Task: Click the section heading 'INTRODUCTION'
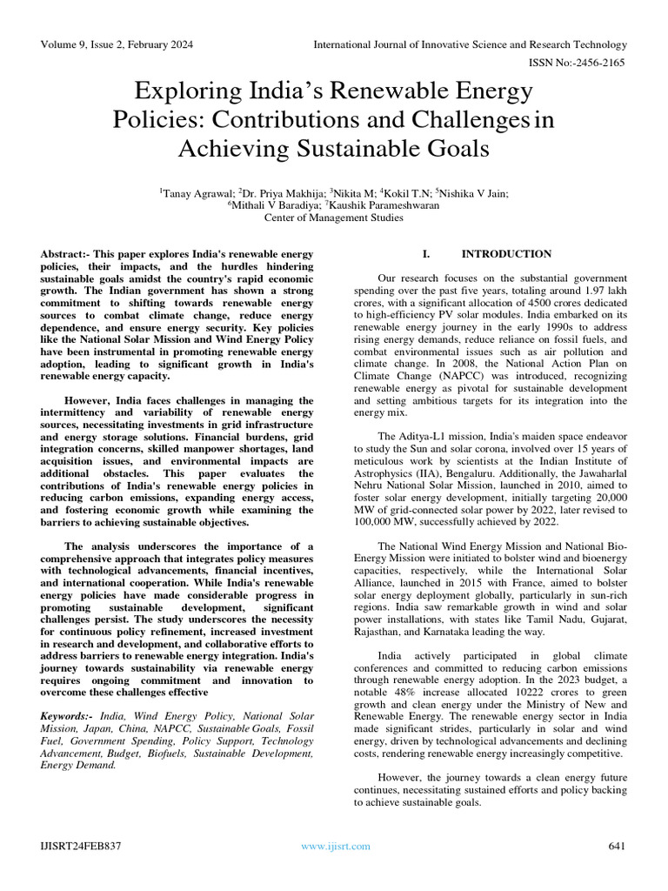tap(506, 254)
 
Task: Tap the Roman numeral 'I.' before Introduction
tap(426, 254)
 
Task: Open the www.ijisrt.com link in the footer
tap(335, 847)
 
